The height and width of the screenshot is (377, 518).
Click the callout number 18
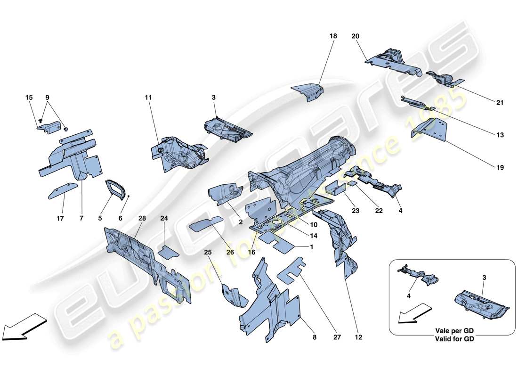pos(333,36)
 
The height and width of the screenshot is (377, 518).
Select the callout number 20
pos(355,36)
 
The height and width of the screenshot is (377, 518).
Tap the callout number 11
pos(149,98)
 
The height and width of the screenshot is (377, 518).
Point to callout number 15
pos(29,98)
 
